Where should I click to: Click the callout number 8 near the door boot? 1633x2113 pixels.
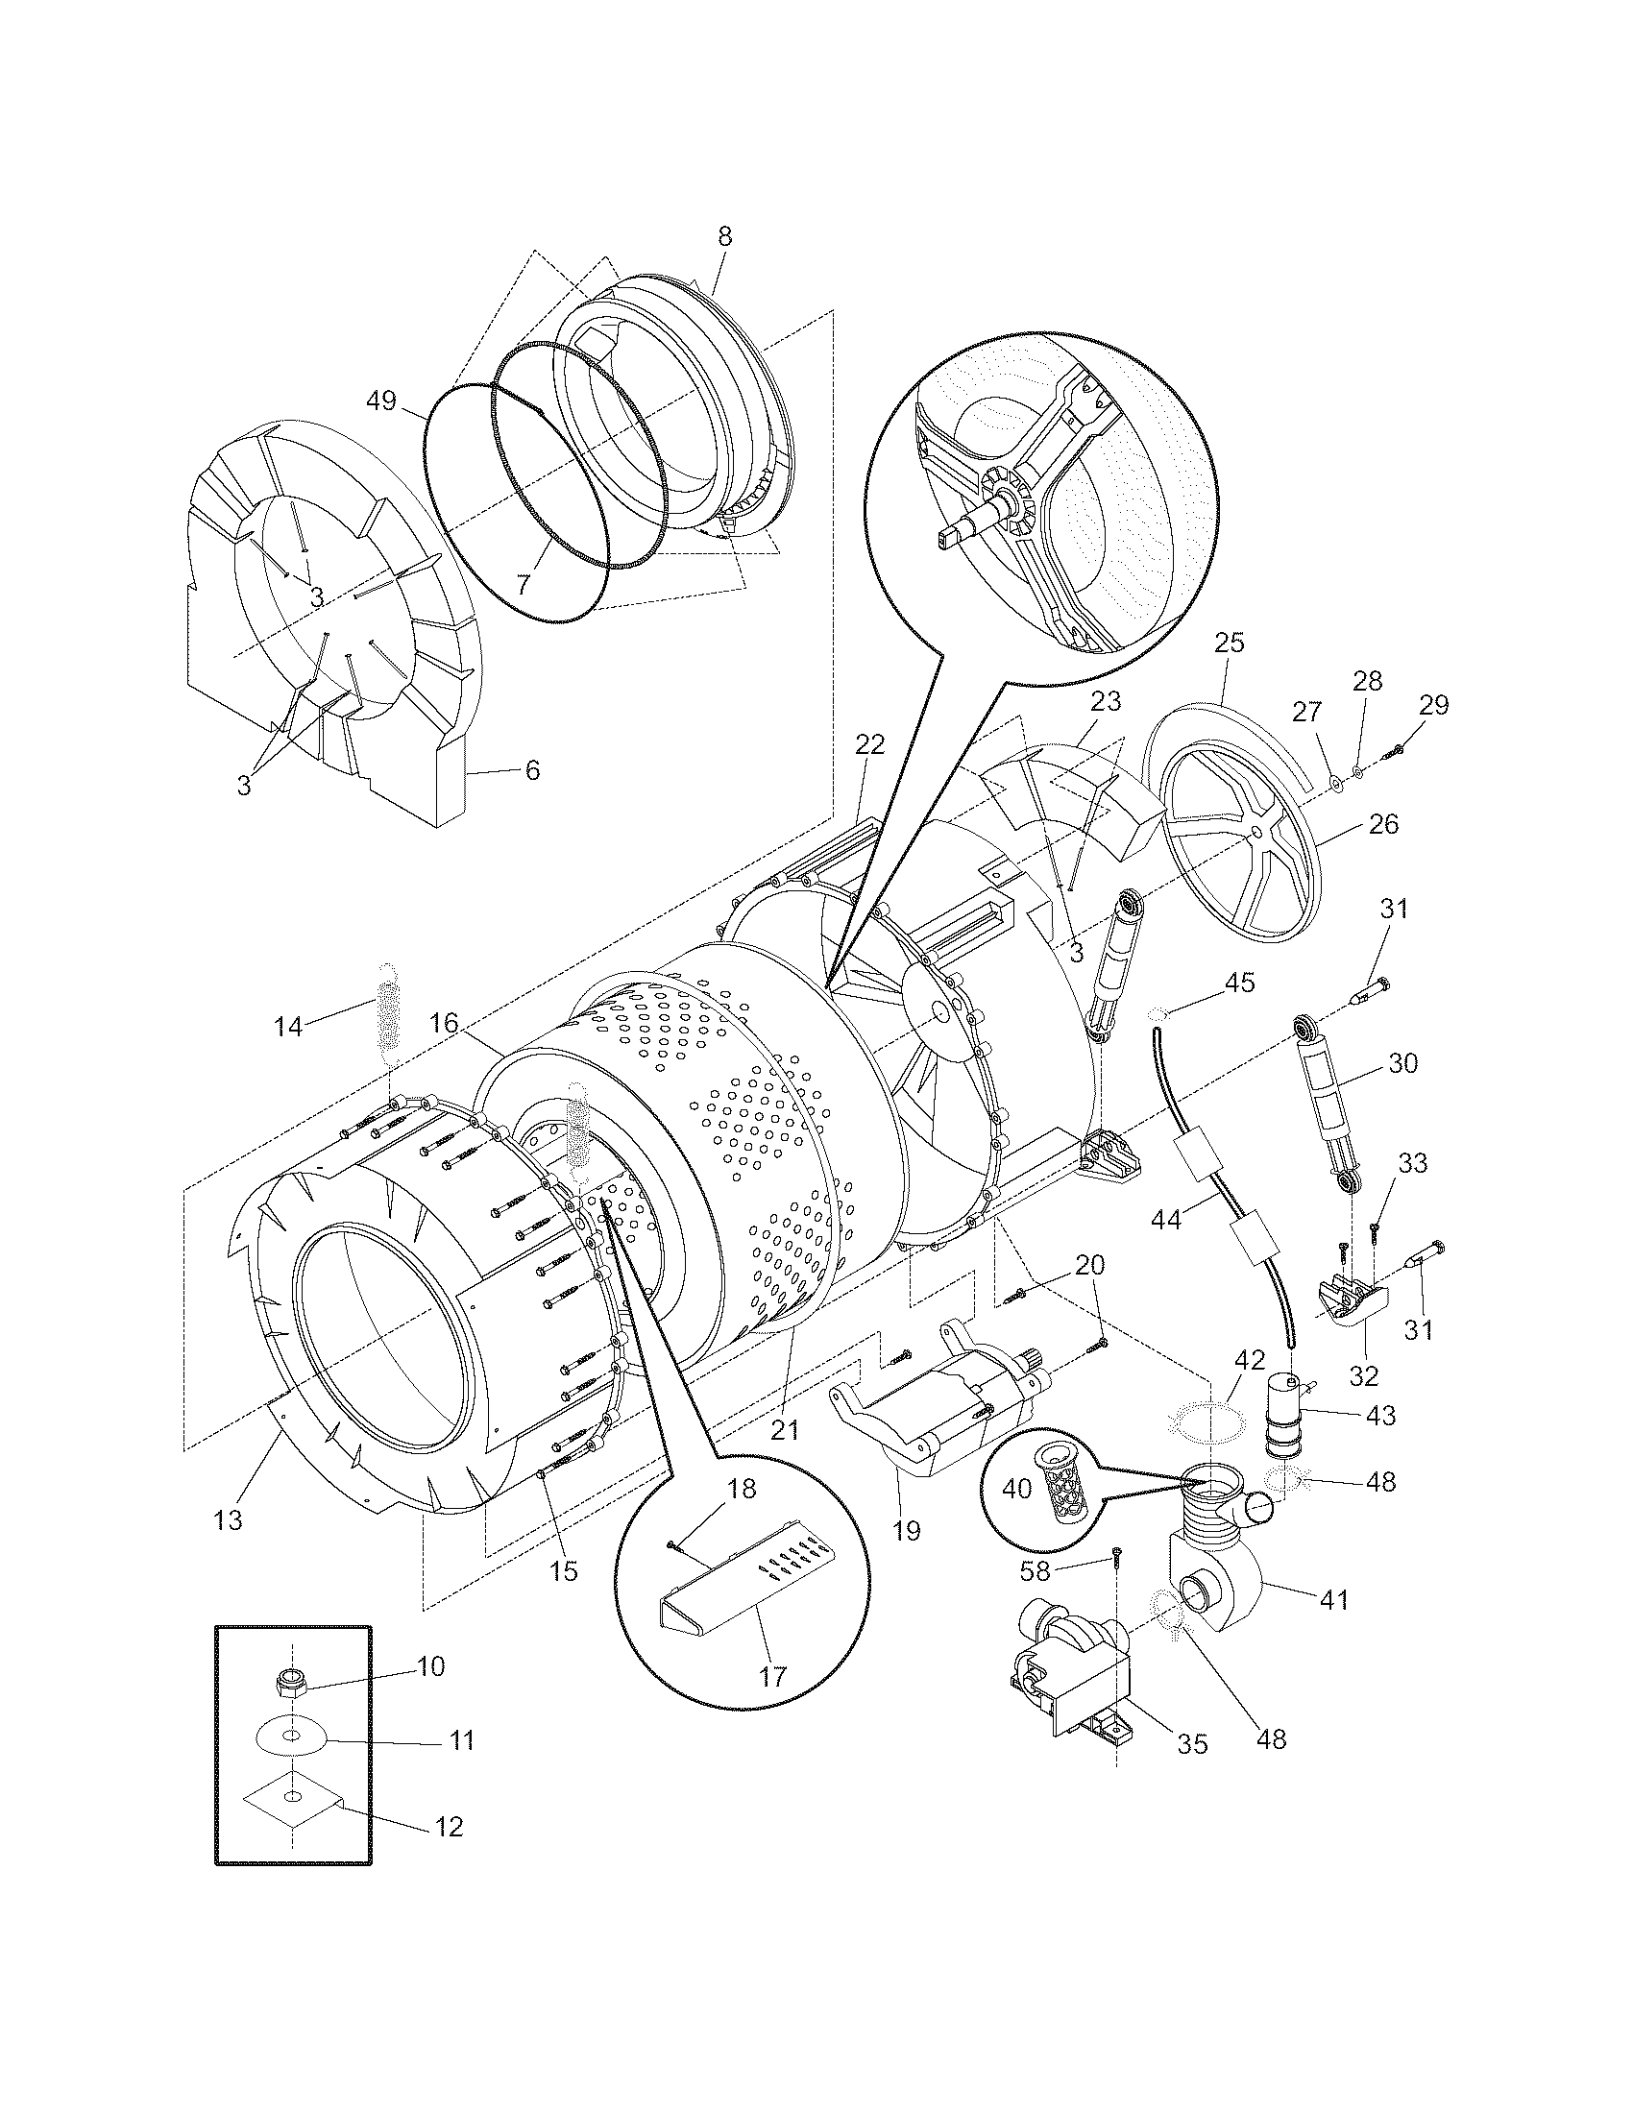[x=724, y=236]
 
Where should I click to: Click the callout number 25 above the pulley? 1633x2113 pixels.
[x=1230, y=643]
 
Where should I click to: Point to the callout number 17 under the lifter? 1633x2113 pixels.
[x=773, y=1676]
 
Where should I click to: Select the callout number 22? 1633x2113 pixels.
[x=869, y=744]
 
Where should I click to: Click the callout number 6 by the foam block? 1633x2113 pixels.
[x=532, y=770]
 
